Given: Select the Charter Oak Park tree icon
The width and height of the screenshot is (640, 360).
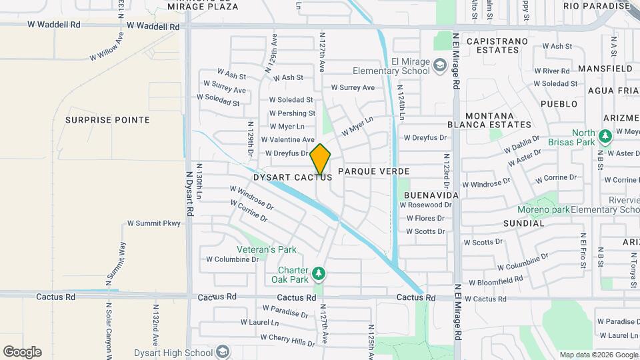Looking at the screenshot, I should [319, 273].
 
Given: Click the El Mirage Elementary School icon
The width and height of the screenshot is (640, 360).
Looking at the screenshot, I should [439, 65].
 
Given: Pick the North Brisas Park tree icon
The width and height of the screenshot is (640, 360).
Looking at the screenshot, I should [605, 137].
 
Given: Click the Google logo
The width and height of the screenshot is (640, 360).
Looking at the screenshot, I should [22, 352].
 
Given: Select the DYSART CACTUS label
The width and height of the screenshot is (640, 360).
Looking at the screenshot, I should [293, 178].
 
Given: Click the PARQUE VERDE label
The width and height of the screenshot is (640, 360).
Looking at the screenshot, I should [373, 171].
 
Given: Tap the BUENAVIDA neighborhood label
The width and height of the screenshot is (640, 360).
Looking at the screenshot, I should [430, 195].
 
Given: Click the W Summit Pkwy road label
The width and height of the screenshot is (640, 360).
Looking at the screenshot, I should [153, 223].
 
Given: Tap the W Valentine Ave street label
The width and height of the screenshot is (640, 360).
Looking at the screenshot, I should [287, 140].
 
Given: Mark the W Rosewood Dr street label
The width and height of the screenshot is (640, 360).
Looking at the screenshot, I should [425, 205].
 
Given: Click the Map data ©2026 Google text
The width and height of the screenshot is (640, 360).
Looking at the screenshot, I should [597, 354].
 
